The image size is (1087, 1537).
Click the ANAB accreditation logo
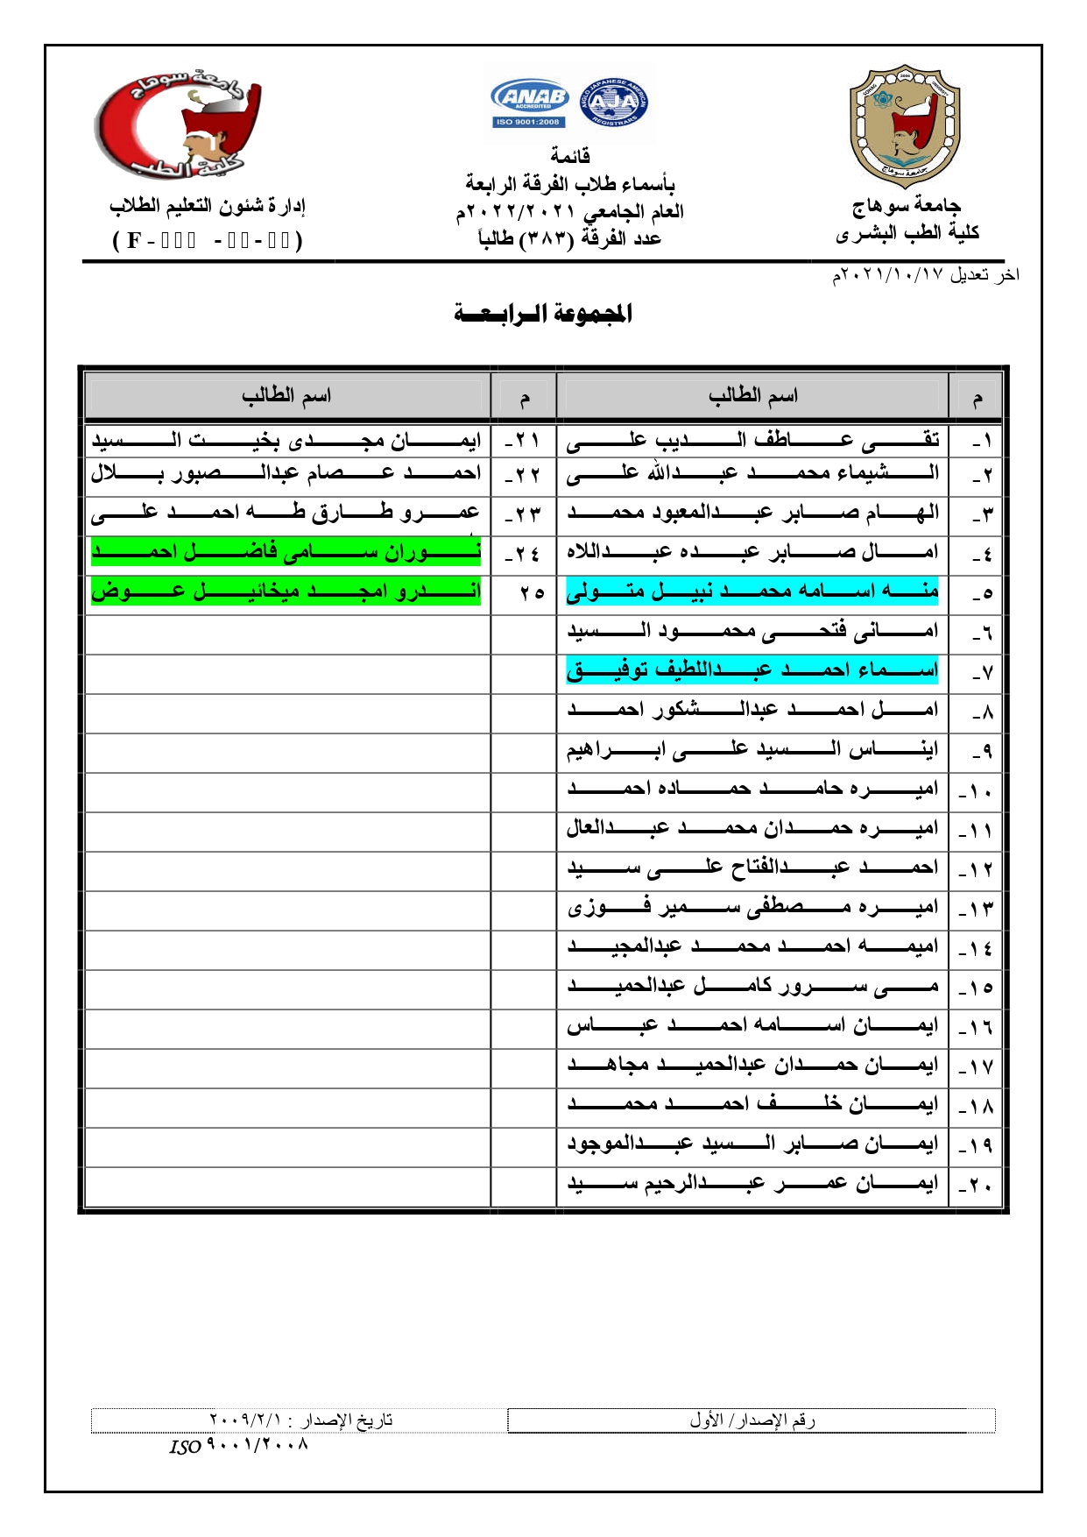530,103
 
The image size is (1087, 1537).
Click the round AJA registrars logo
614,103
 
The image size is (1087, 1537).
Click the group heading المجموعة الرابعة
543,314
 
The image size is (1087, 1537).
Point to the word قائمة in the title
570,156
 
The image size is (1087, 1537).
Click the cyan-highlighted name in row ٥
752,591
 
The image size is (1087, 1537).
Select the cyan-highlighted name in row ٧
752,670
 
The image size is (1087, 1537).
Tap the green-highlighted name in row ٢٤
286,552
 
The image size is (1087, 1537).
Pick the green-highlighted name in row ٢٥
286,591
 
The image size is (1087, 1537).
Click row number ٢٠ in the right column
975,1185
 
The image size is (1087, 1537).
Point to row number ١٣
975,909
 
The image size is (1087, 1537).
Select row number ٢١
523,440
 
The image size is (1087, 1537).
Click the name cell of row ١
752,440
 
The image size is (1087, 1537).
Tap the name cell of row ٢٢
286,474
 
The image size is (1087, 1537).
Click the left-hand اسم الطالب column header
286,396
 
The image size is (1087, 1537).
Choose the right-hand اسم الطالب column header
752,396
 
